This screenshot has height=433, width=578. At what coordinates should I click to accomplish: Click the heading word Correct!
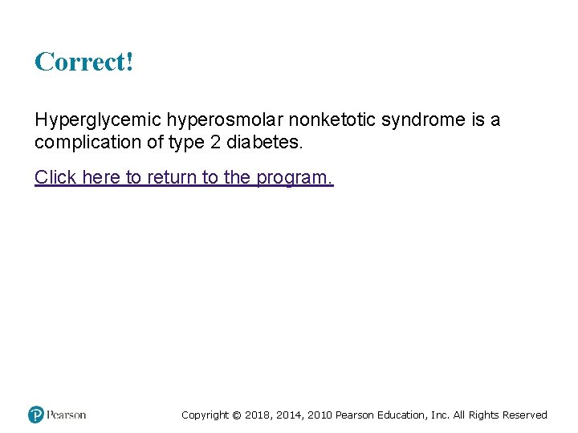[83, 62]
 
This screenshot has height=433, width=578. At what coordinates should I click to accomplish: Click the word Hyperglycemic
[98, 120]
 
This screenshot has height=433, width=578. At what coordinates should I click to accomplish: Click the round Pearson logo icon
[36, 415]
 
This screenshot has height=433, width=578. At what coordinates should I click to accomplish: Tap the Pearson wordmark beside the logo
[67, 415]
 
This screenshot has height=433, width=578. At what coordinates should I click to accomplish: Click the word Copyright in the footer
[205, 415]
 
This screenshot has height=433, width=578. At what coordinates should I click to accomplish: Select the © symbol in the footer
[236, 415]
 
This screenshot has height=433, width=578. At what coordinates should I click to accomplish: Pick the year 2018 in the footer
[257, 415]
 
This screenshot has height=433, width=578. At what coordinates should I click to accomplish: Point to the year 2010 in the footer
[318, 415]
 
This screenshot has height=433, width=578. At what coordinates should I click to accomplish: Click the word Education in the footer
[401, 415]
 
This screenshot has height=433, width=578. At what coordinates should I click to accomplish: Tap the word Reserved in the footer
[525, 415]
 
